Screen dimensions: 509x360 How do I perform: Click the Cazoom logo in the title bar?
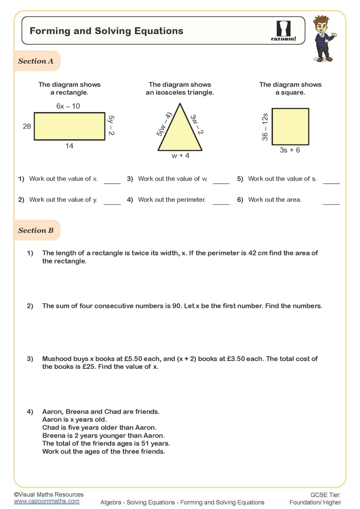tap(284, 31)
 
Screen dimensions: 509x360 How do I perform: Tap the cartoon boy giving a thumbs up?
tap(323, 38)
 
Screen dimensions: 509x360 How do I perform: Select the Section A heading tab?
tap(36, 61)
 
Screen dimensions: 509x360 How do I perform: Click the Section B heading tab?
tap(36, 230)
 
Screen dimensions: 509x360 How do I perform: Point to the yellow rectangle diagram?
tap(69, 126)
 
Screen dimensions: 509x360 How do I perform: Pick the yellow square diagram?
tap(290, 127)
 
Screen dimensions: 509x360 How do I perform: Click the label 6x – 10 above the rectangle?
tap(68, 106)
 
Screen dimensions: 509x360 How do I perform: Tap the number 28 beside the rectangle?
tap(27, 126)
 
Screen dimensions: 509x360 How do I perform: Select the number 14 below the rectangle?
tap(69, 146)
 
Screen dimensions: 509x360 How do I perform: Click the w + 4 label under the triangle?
tap(180, 156)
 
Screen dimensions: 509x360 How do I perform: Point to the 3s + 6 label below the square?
tap(290, 150)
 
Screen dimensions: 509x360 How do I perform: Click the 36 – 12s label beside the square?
tap(265, 127)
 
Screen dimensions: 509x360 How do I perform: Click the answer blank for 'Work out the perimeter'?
tap(221, 203)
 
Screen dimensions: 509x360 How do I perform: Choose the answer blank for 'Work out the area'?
tap(331, 203)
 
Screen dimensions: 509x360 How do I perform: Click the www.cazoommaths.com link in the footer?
tap(46, 501)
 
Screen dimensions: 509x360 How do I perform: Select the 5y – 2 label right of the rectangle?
tap(111, 126)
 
